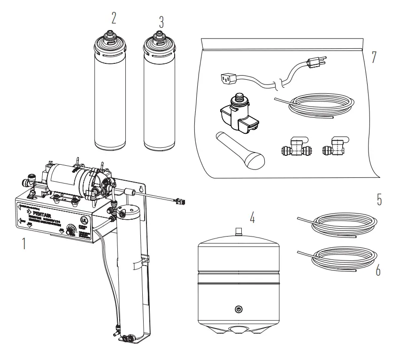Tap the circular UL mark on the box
[84, 220]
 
